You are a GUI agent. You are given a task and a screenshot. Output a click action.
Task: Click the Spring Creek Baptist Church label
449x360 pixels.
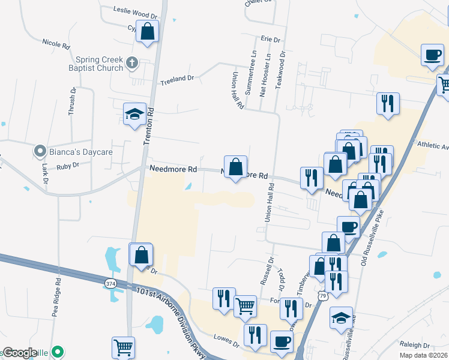coord(100,64)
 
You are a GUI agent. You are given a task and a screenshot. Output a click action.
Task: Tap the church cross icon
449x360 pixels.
coord(132,62)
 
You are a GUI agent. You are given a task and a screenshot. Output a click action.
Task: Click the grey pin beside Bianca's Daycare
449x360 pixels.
coord(40,151)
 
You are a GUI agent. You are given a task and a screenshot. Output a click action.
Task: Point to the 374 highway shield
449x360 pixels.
coord(110,283)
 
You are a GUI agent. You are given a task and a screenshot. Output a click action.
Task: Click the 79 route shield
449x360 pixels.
coord(340,296)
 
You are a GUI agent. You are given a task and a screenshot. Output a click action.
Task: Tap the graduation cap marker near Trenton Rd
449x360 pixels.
coord(134,113)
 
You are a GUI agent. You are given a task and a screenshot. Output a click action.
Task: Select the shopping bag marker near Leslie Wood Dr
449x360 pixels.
coord(147,31)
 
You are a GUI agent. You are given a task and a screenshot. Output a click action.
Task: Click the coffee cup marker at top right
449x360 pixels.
coord(432,55)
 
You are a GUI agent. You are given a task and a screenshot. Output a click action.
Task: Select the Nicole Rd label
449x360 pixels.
coord(56,44)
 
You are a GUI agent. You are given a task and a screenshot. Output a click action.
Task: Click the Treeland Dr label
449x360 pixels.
coord(176,78)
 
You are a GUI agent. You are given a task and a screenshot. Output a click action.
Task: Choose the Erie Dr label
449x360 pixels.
coord(271,39)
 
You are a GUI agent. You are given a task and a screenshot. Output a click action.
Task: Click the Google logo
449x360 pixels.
coord(20,353)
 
